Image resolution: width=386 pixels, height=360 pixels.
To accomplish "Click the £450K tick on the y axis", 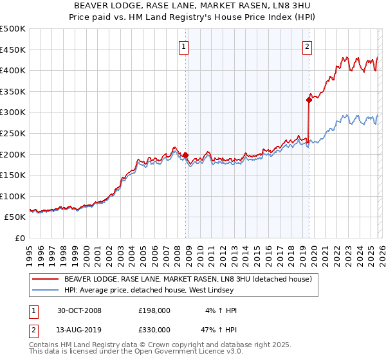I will point(12,50).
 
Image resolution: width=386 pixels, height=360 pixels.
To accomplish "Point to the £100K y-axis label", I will point(12,196).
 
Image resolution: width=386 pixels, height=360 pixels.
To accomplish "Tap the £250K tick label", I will point(12,133).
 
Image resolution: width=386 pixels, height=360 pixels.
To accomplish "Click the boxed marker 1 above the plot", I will point(184,46).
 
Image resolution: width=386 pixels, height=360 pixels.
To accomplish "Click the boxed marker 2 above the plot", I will point(308,46).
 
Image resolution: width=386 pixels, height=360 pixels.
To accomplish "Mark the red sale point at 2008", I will point(186,155).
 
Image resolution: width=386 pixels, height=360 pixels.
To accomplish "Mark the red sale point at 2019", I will point(309,99).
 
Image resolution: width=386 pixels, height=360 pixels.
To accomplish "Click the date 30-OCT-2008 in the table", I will point(79,310).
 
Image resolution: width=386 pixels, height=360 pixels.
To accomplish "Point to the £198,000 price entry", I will point(154,310).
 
